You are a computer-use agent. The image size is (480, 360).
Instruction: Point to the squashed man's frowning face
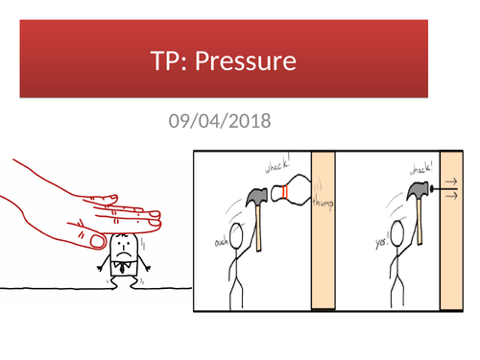[122, 247]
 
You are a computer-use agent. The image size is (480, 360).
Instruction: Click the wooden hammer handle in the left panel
[260, 228]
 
